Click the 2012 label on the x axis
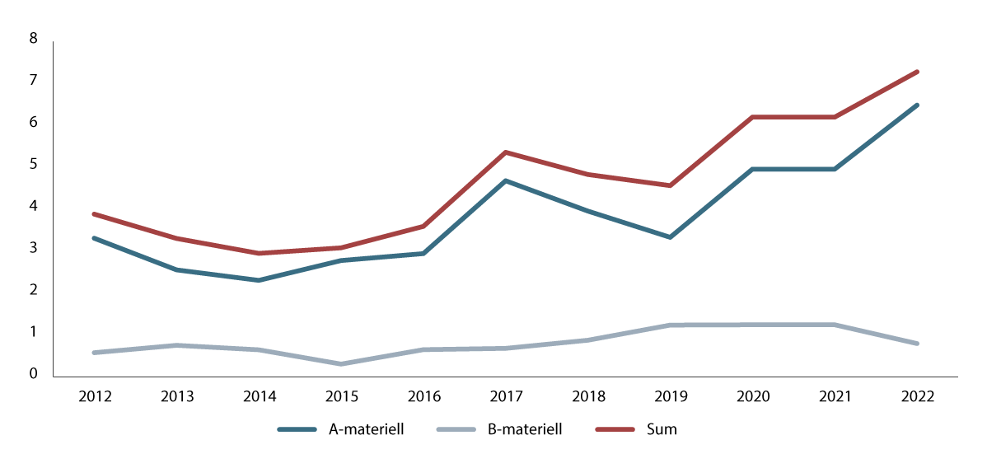coord(95,396)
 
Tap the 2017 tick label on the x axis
coord(506,396)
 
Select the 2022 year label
coord(917,396)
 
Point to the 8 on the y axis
coord(33,39)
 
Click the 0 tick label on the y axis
coord(33,374)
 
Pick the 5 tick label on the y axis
coord(33,164)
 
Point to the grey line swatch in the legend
coord(458,429)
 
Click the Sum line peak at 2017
coord(506,152)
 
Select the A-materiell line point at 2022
coord(917,105)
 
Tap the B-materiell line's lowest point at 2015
coord(341,363)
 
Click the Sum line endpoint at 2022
coord(917,72)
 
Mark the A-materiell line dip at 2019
coord(670,237)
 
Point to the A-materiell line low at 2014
coord(259,280)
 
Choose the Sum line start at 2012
coord(95,214)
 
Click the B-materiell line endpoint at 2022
coord(917,344)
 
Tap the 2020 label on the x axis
coord(752,396)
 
